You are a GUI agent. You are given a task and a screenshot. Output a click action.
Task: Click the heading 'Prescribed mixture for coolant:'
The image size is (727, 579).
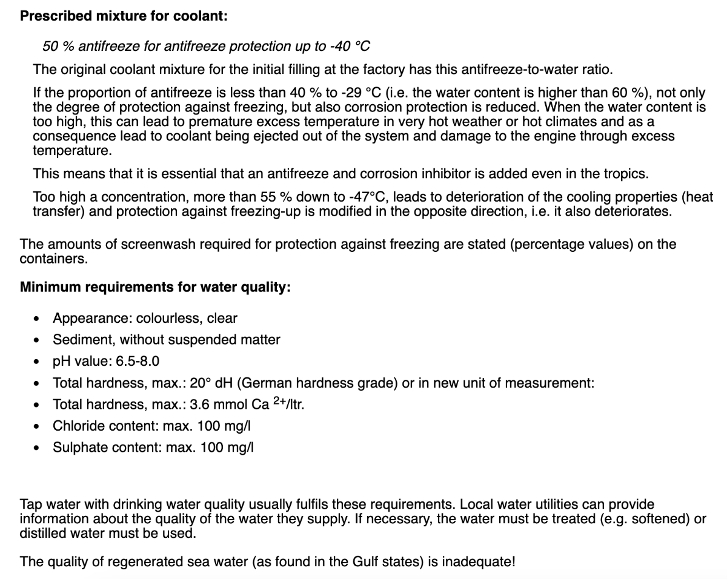click(x=124, y=16)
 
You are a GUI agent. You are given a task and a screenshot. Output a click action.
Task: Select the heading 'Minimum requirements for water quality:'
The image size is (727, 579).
click(x=155, y=287)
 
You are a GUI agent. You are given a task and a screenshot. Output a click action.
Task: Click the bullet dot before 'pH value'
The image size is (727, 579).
click(x=38, y=362)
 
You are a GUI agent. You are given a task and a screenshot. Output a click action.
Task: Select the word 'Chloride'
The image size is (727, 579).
click(x=78, y=426)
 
